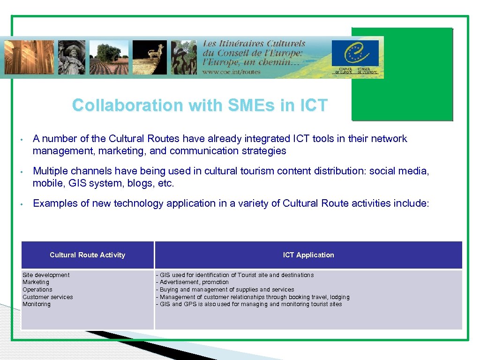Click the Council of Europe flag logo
[355, 53]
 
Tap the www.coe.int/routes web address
[231, 72]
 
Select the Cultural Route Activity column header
[88, 255]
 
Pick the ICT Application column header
[308, 255]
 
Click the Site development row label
[46, 275]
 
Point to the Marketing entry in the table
[36, 282]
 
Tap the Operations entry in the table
[37, 290]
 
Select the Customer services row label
[48, 297]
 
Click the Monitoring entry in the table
[37, 304]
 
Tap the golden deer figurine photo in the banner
[150, 57]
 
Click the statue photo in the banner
[72, 57]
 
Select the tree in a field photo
[109, 57]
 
